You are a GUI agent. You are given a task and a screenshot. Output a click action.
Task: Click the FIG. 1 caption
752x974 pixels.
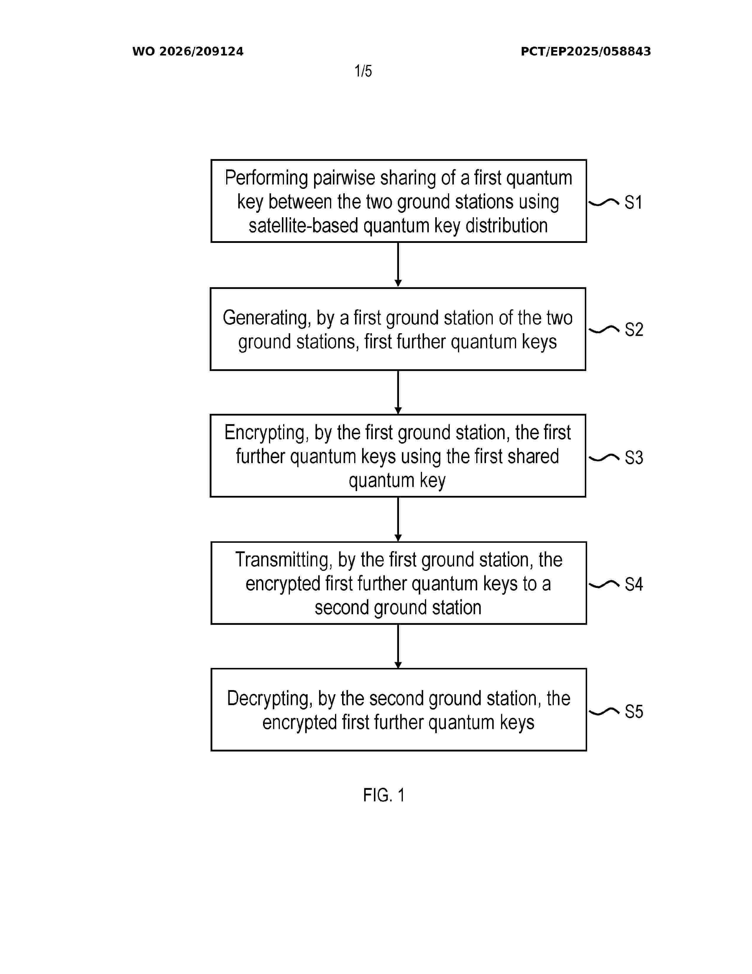click(384, 795)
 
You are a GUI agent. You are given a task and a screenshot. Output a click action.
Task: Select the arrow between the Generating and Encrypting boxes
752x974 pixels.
click(398, 392)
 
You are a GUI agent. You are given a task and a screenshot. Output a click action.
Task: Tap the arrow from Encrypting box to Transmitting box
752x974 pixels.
click(398, 519)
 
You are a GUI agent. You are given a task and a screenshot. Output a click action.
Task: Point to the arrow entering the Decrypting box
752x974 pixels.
click(398, 646)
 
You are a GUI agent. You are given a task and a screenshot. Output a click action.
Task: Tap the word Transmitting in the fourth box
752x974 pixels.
click(284, 560)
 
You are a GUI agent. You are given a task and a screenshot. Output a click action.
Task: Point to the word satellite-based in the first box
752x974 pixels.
click(303, 226)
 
